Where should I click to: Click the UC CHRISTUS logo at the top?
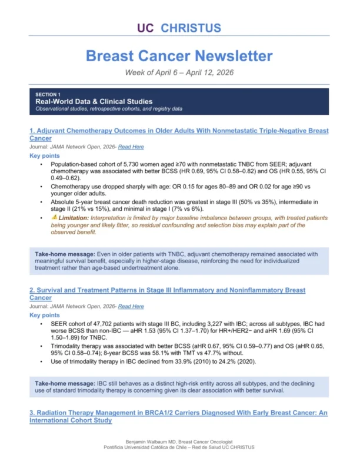[x=179, y=28]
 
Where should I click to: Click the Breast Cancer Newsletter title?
[x=179, y=56]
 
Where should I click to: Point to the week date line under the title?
[x=179, y=72]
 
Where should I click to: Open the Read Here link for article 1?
[x=131, y=147]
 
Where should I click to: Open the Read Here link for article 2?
[x=131, y=306]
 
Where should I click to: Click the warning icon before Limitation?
[x=54, y=217]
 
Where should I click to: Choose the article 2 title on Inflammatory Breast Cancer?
[x=167, y=294]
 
